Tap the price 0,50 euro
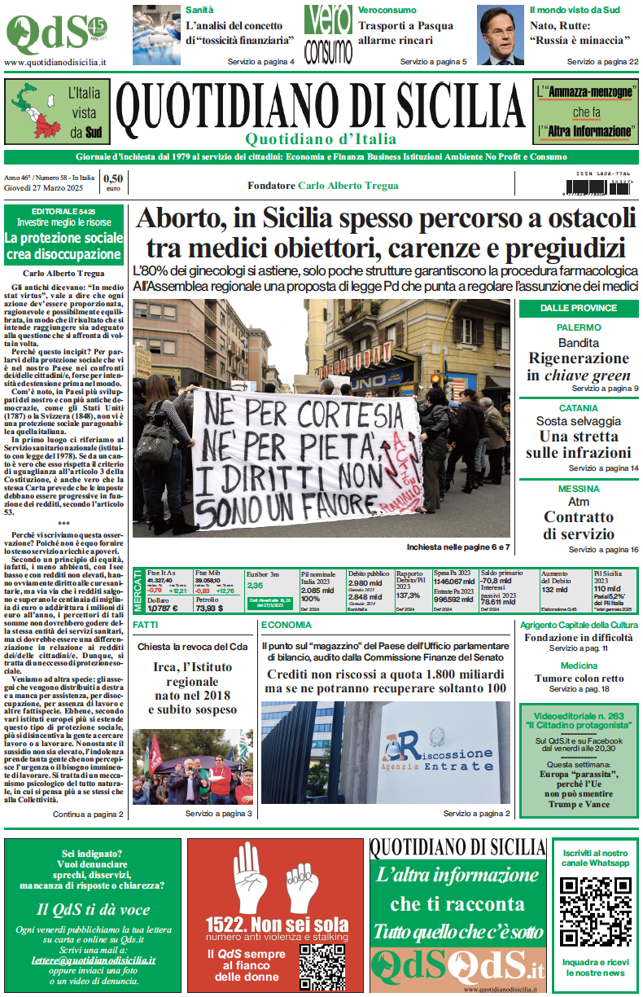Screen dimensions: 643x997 [x=112, y=182]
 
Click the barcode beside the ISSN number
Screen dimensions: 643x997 [x=597, y=186]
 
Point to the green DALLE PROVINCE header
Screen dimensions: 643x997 [x=579, y=307]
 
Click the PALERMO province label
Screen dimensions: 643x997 [x=579, y=327]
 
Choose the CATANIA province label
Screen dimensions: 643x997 [x=579, y=408]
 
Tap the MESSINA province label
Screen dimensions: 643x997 [x=579, y=488]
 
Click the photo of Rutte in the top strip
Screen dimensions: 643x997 [x=500, y=34]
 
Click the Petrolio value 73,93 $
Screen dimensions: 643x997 [x=208, y=608]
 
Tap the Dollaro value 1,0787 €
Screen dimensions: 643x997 [x=162, y=608]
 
